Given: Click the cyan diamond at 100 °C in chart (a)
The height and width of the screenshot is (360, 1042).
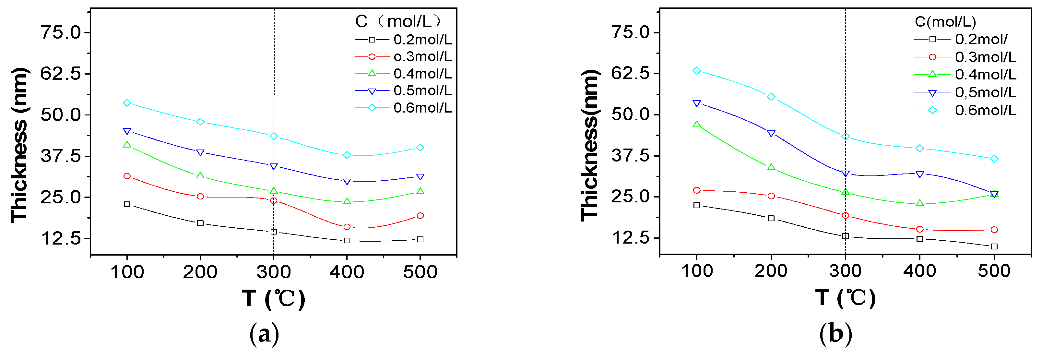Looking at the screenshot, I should click(127, 103).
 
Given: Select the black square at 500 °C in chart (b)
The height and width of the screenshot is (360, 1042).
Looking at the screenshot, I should click(994, 246).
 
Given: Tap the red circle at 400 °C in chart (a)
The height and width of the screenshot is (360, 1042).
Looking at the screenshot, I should click(347, 227).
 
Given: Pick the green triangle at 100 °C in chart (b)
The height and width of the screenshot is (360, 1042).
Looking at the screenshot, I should click(696, 124).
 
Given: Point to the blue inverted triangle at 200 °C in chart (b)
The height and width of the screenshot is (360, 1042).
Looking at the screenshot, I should click(771, 134).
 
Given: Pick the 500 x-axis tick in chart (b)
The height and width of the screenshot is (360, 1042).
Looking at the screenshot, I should click(994, 270).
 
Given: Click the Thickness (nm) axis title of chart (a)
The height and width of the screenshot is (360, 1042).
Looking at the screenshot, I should click(19, 145).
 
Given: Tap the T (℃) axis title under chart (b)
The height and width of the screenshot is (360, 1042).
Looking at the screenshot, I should click(846, 298).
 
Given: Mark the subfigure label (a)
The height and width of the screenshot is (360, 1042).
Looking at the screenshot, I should click(264, 334).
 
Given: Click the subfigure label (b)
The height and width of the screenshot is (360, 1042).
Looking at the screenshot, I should click(836, 334).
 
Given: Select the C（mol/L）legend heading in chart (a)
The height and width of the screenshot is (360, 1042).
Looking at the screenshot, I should click(397, 21).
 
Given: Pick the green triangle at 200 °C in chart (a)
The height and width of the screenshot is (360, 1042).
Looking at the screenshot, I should click(200, 175).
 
